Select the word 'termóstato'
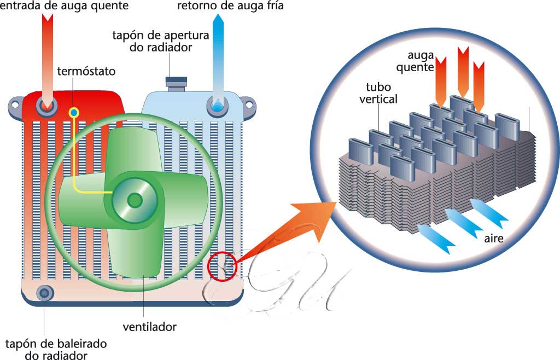point(86,72)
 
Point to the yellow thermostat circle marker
point(74,113)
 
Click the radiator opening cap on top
point(176,83)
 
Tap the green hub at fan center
point(134,200)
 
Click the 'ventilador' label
point(149,327)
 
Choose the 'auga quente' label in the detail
point(421,61)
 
